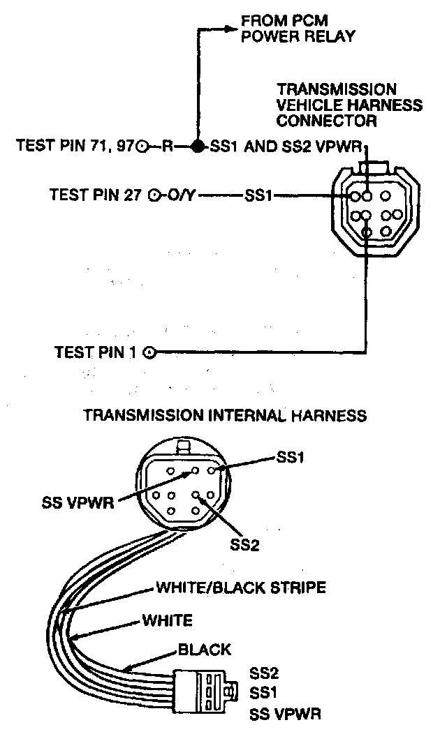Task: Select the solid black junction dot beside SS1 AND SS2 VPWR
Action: [x=198, y=147]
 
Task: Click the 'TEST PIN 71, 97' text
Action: [x=74, y=147]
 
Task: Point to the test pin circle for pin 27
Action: [x=155, y=195]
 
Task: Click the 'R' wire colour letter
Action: [x=168, y=147]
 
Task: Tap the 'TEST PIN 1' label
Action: [x=96, y=352]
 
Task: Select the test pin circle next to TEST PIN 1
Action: [x=149, y=352]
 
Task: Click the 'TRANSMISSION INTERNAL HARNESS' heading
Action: [x=224, y=415]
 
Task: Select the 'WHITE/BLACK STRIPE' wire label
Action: [x=240, y=588]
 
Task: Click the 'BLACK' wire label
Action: [x=205, y=650]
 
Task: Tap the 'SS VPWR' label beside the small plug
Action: [x=286, y=715]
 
